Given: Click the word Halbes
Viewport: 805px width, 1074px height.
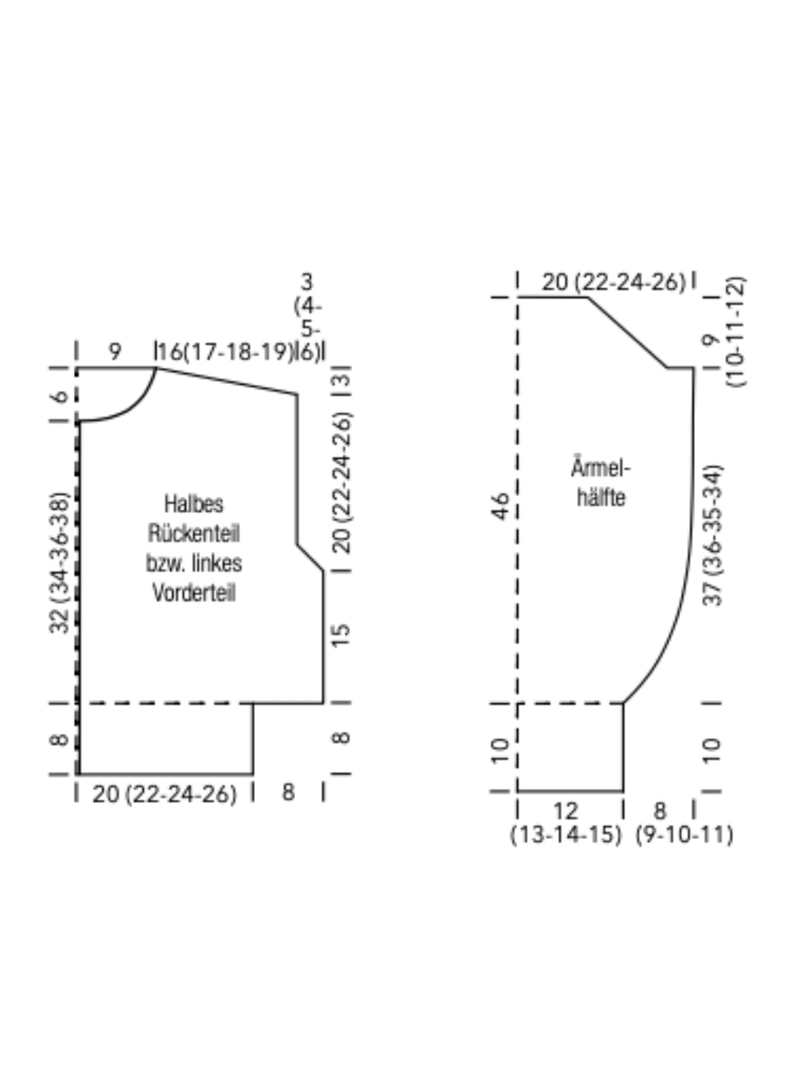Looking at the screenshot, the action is click(x=194, y=504).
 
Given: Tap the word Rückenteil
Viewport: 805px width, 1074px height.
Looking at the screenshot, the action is click(x=194, y=534).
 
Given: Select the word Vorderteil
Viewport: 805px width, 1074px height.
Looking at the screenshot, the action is click(x=194, y=593).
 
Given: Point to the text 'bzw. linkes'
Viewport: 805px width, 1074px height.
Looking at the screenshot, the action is click(x=194, y=563).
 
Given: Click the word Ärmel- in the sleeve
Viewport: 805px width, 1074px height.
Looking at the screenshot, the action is click(x=600, y=468).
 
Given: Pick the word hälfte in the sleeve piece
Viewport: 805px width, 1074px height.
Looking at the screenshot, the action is click(x=601, y=497).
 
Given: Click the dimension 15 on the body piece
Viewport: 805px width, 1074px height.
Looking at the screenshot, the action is click(x=341, y=635).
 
